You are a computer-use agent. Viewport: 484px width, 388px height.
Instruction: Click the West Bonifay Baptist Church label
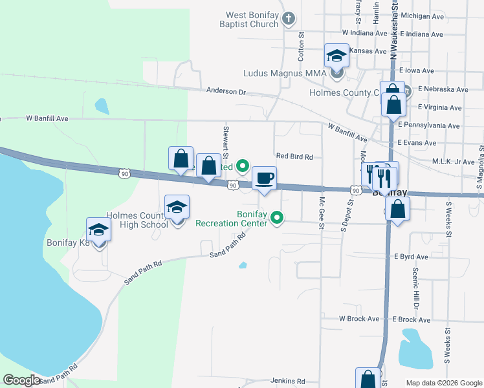click(x=252, y=19)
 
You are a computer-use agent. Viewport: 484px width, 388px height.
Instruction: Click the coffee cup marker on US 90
click(x=263, y=178)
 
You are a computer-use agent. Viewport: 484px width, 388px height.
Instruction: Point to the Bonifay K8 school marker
click(x=98, y=231)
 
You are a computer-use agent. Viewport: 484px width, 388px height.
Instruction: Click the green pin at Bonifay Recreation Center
click(x=278, y=218)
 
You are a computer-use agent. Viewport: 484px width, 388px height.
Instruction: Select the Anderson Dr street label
click(x=226, y=92)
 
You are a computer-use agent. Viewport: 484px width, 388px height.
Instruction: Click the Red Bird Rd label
click(x=294, y=156)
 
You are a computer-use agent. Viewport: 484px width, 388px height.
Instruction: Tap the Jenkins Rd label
click(x=287, y=382)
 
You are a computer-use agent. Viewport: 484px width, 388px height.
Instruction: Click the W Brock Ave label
click(x=359, y=319)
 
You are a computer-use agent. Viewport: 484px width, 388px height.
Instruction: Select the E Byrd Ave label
click(x=412, y=257)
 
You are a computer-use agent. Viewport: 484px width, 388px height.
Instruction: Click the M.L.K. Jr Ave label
click(x=453, y=162)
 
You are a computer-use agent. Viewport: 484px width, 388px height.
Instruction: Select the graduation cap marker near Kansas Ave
click(x=336, y=57)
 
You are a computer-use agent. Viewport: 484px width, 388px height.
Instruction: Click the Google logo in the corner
click(x=21, y=380)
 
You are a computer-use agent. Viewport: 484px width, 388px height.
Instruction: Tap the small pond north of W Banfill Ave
click(x=102, y=105)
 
